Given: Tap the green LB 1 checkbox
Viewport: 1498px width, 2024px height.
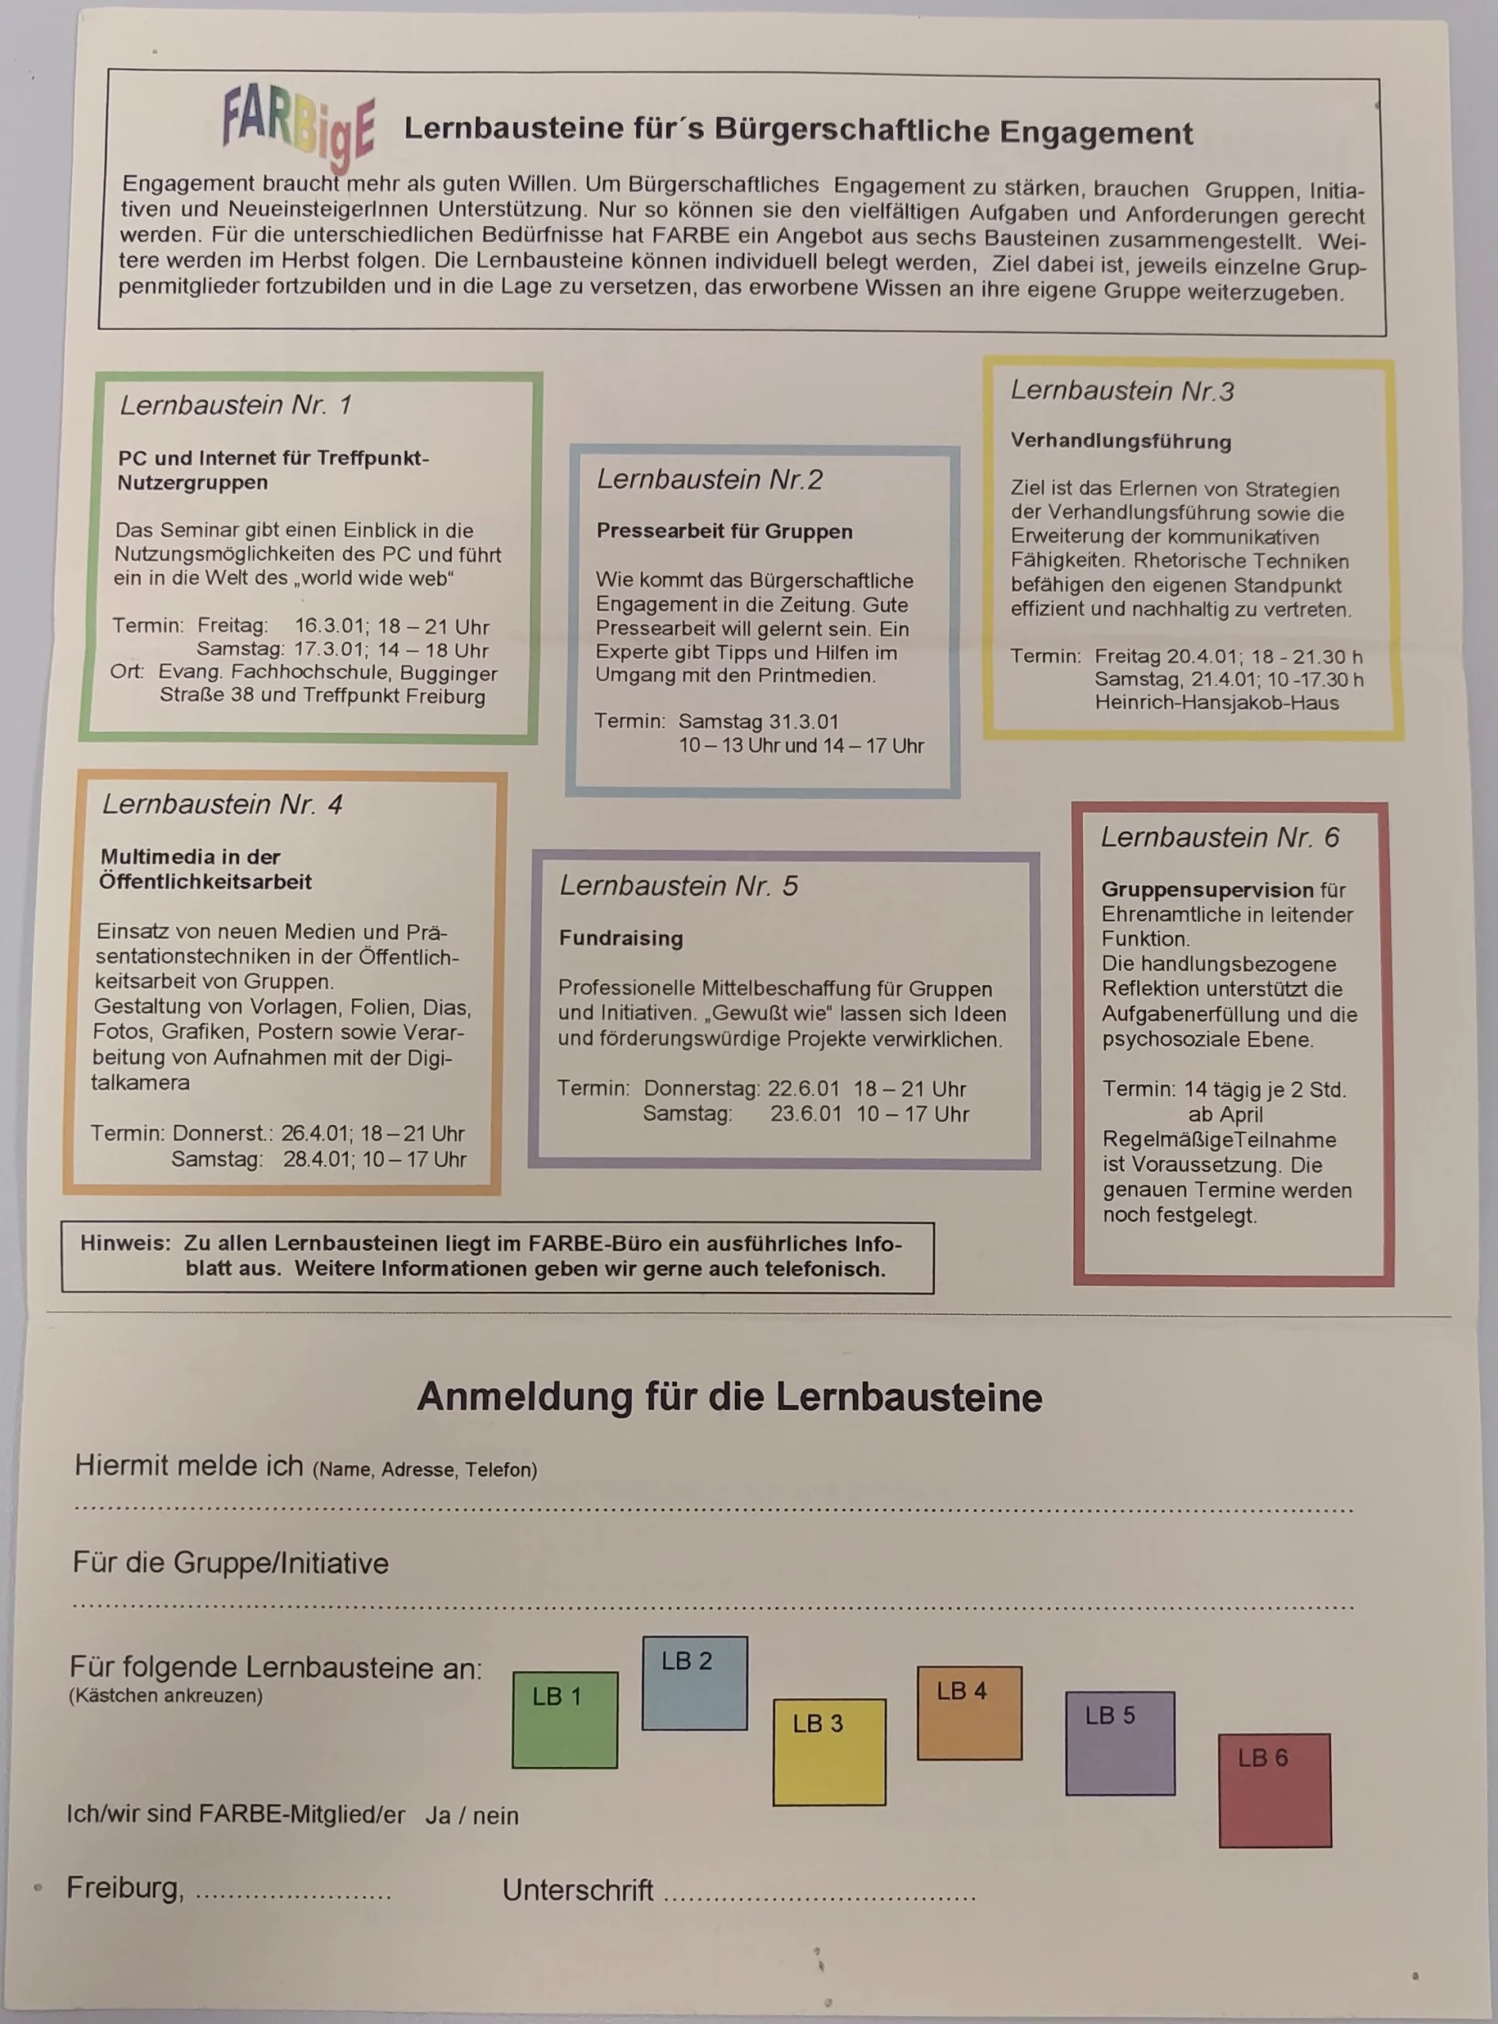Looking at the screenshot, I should tap(564, 1720).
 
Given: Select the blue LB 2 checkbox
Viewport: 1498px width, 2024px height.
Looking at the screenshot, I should tap(694, 1682).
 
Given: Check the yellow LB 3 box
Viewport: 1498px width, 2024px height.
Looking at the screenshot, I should tap(829, 1751).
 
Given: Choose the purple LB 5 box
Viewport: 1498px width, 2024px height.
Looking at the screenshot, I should tap(1120, 1742).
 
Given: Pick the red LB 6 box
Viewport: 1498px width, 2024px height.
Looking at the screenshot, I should tap(1274, 1790).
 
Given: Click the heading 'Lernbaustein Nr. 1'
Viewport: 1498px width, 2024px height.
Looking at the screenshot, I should tap(236, 404).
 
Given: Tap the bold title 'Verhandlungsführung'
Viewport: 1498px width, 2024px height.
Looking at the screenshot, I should tap(1121, 440).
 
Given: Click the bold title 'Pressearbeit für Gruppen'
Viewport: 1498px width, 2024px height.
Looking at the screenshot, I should tap(724, 531).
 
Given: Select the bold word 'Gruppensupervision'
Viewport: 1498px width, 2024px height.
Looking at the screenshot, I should tap(1207, 889).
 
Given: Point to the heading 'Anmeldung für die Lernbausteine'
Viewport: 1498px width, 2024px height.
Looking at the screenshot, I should tap(729, 1397).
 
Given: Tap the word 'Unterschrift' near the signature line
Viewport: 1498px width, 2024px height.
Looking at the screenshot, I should tap(577, 1889).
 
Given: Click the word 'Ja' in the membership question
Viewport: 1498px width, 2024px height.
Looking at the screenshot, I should tap(438, 1814).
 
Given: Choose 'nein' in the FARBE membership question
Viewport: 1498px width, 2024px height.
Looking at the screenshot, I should tap(495, 1815).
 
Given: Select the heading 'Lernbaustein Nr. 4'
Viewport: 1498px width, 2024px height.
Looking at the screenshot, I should tap(222, 804).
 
